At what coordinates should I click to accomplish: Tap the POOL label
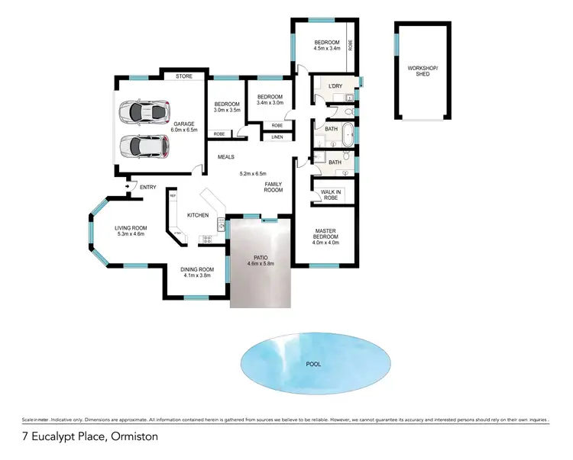[x=313, y=364]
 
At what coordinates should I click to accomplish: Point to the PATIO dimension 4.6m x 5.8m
[x=260, y=264]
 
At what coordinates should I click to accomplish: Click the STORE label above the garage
[x=183, y=76]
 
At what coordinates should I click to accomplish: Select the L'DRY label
[x=334, y=86]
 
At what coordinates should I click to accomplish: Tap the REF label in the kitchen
[x=173, y=196]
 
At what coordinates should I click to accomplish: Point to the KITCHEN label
[x=198, y=216]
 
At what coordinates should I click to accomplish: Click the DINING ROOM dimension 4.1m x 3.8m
[x=195, y=275]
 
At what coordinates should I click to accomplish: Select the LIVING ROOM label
[x=130, y=227]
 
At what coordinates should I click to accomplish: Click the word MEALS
[x=225, y=157]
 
